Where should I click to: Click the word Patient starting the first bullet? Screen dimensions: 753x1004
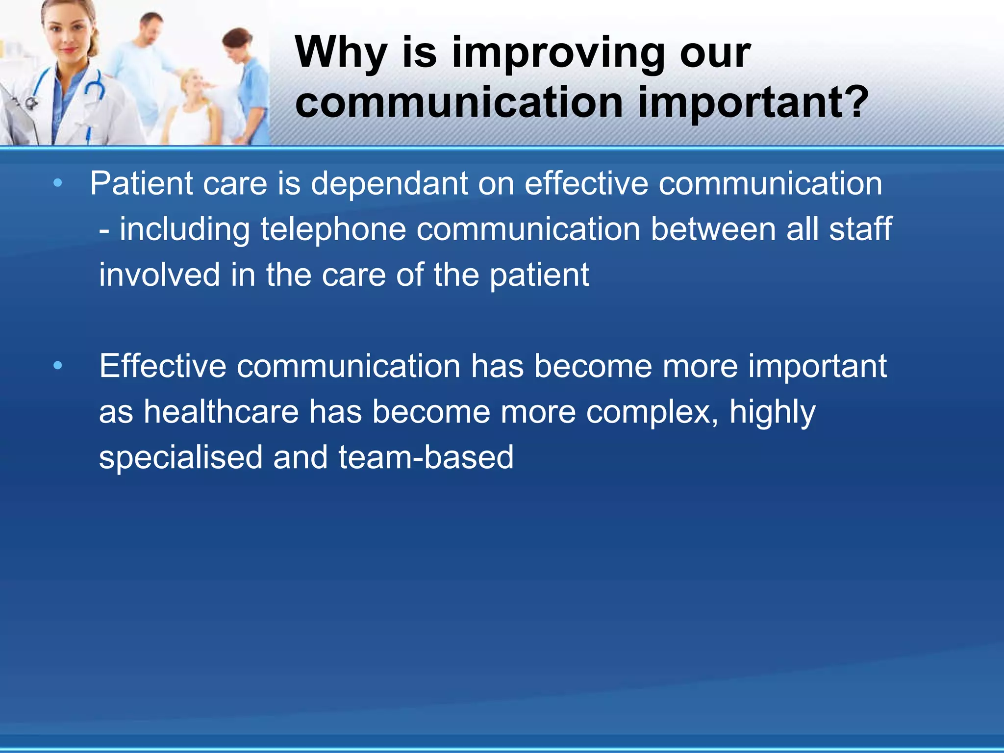tap(142, 184)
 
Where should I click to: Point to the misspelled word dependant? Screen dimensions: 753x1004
tap(389, 184)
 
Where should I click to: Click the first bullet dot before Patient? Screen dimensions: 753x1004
tap(58, 184)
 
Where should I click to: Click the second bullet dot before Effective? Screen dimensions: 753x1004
tap(58, 366)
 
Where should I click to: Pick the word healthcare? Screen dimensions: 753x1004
tap(221, 412)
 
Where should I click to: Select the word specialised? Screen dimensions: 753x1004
tap(180, 457)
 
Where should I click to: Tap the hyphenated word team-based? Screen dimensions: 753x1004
tap(426, 457)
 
